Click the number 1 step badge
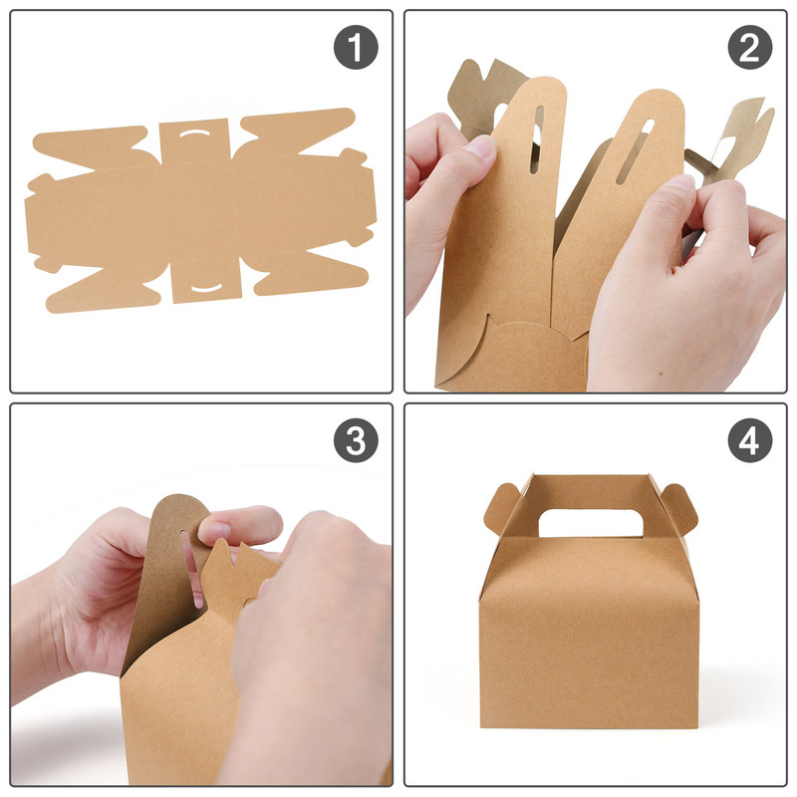(x=356, y=47)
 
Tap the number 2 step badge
(x=749, y=47)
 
